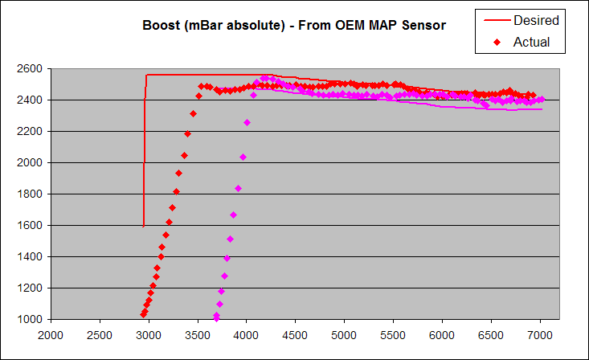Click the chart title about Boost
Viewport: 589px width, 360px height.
(294, 26)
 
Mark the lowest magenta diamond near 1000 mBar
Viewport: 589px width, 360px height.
(216, 318)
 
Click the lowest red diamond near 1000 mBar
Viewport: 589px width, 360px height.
(143, 314)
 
